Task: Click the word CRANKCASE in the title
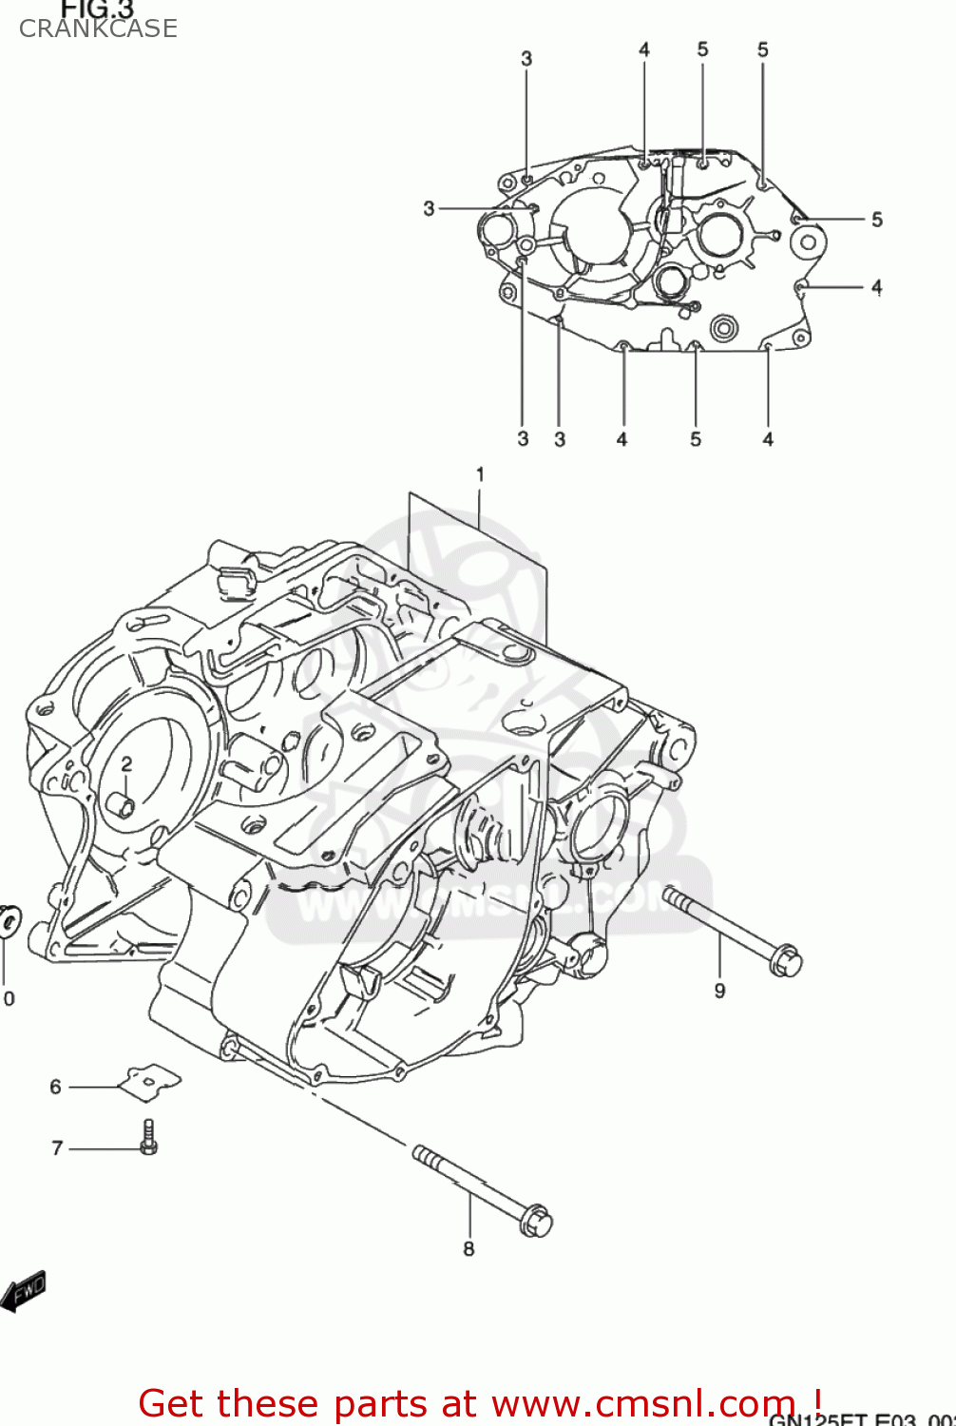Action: coord(98,29)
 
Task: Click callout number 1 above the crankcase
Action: coord(480,473)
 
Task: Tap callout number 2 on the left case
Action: coord(125,764)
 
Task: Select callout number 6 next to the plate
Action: coord(55,1087)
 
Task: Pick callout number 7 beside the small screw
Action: coord(57,1148)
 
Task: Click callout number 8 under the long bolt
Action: coord(468,1248)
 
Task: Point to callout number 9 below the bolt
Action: coord(719,991)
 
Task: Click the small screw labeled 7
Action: coord(148,1137)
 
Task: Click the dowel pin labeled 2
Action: coord(121,804)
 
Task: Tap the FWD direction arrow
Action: coord(24,1291)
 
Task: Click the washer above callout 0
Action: coord(10,920)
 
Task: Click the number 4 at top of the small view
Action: coord(643,49)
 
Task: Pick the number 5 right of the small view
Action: coord(876,220)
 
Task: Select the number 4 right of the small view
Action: coord(876,286)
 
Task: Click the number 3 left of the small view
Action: coord(429,208)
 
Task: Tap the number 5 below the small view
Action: coord(696,439)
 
